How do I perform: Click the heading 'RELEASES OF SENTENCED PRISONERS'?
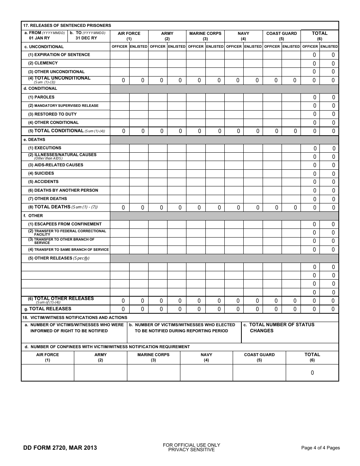[x=70, y=25]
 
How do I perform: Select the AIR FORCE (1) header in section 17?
[x=129, y=36]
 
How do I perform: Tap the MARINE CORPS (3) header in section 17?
[x=205, y=36]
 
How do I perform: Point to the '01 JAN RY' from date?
[x=39, y=38]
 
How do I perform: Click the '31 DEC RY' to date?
[x=86, y=38]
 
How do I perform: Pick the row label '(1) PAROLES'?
[x=41, y=97]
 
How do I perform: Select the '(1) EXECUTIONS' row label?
[x=45, y=148]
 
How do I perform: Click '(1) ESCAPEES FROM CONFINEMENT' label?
[x=65, y=224]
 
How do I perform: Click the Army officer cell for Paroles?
[x=158, y=97]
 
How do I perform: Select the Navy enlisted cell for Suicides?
[x=253, y=174]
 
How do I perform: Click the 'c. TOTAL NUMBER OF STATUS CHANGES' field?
[x=290, y=333]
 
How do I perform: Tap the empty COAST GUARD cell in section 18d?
[x=259, y=373]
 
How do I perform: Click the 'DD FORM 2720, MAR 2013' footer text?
[x=60, y=448]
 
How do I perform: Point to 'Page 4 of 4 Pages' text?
[x=320, y=448]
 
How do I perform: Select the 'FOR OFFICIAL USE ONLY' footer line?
[x=191, y=445]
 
